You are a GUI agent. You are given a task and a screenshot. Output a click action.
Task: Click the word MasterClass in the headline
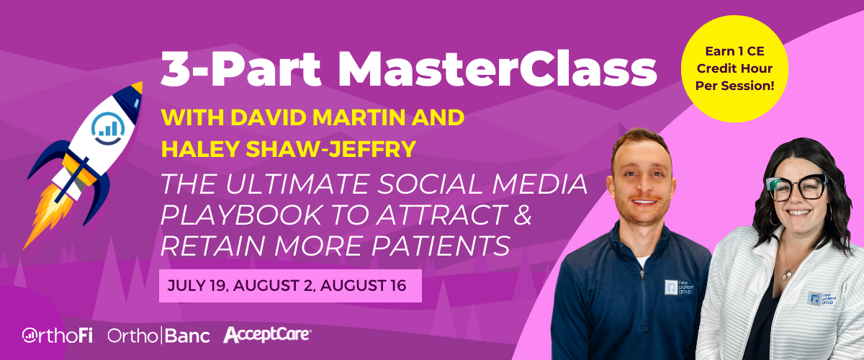pyautogui.click(x=498, y=68)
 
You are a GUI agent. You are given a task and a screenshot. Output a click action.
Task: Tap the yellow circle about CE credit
pyautogui.click(x=734, y=68)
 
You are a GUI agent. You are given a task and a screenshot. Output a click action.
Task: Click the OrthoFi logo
pyautogui.click(x=58, y=335)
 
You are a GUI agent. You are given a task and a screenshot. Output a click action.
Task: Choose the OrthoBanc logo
pyautogui.click(x=158, y=336)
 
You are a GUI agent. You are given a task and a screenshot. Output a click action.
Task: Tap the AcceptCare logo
pyautogui.click(x=267, y=334)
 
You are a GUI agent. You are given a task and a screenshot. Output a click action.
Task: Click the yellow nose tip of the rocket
pyautogui.click(x=138, y=87)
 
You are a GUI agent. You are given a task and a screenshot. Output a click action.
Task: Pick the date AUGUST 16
pyautogui.click(x=363, y=286)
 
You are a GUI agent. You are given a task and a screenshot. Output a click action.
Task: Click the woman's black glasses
pyautogui.click(x=796, y=188)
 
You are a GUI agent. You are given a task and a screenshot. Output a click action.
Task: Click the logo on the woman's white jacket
pyautogui.click(x=822, y=299)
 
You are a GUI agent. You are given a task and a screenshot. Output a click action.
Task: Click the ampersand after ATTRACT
pyautogui.click(x=523, y=215)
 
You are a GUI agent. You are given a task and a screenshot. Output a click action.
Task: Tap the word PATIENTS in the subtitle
pyautogui.click(x=441, y=246)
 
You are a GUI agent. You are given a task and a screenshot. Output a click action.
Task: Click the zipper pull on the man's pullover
pyautogui.click(x=642, y=275)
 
